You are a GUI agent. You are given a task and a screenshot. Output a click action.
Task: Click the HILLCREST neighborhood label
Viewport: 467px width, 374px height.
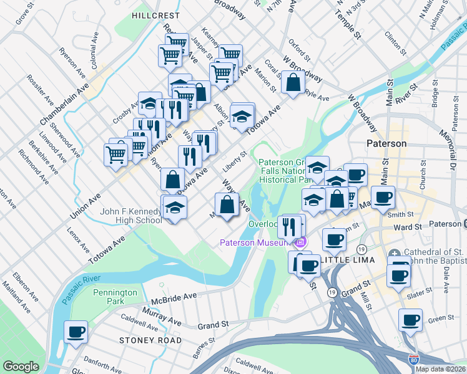(x=156, y=15)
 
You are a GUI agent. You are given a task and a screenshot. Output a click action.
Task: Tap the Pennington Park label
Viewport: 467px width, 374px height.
(x=115, y=297)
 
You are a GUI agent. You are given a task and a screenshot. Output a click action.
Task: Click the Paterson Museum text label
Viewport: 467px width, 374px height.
(x=256, y=242)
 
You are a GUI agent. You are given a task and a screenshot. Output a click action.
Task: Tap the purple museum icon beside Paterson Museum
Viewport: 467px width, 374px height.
(x=300, y=242)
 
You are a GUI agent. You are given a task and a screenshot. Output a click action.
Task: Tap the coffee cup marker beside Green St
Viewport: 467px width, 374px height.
(x=410, y=320)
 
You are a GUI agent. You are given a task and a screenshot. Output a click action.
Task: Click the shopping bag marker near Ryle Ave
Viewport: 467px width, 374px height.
(x=293, y=82)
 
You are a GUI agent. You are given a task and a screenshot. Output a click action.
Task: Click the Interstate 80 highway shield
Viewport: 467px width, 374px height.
(x=413, y=360)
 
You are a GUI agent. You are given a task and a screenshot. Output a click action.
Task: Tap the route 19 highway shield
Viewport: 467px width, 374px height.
(x=332, y=291)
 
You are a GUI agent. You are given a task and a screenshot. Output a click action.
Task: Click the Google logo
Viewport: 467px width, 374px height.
(x=21, y=367)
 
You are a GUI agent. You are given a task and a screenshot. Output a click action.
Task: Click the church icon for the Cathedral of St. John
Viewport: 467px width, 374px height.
(x=395, y=254)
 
